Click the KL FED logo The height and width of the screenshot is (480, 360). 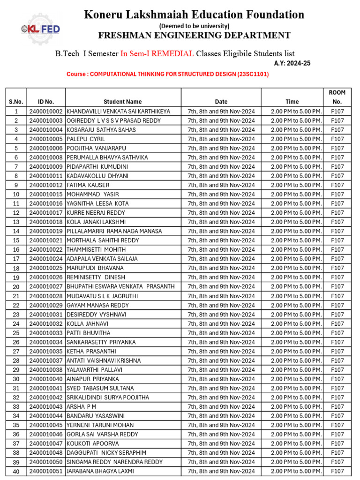[41, 30]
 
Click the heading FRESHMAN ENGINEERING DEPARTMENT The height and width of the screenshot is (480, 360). [194, 36]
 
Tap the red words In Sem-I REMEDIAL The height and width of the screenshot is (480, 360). [157, 53]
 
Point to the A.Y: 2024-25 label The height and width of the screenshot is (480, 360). [292, 63]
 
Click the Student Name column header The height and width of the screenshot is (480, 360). [123, 102]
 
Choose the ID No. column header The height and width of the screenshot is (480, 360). [46, 102]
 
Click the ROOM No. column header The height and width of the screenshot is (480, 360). [337, 97]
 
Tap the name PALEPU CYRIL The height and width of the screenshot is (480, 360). [86, 139]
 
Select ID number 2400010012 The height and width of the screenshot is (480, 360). [46, 185]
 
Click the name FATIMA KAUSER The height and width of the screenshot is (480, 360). [89, 185]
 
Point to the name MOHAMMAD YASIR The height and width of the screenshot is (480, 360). [93, 195]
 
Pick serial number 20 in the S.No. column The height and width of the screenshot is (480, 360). [16, 287]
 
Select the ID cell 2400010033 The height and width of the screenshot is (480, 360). [46, 333]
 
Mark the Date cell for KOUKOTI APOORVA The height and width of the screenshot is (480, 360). [221, 443]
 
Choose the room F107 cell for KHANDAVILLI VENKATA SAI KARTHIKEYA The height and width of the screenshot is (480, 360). [337, 112]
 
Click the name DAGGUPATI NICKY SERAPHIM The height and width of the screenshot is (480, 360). [106, 453]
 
